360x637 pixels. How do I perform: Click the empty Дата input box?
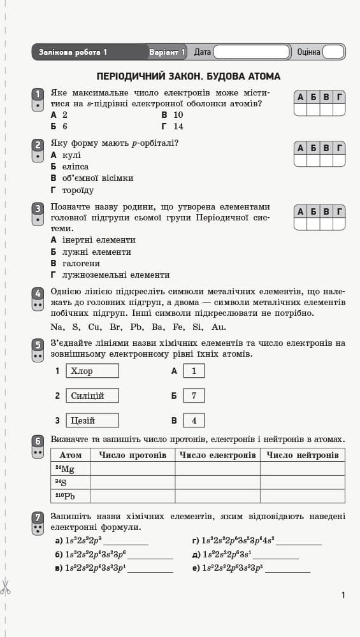tap(252, 52)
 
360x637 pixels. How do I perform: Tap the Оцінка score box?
tap(333, 52)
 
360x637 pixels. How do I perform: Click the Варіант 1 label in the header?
tap(167, 52)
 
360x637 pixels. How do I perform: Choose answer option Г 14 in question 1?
tap(173, 126)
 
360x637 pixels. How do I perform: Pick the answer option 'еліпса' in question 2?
tap(75, 167)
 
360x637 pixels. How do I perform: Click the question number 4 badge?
tap(38, 296)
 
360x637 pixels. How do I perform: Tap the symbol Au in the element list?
tap(219, 327)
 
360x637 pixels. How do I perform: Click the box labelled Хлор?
tap(92, 371)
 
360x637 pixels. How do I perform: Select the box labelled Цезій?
tap(92, 420)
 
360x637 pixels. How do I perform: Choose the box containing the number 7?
tap(194, 396)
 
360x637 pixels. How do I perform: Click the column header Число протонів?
tap(133, 455)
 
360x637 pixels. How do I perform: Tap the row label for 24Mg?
tap(70, 469)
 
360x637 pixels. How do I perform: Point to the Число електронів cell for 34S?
tap(217, 483)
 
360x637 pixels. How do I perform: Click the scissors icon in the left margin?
tap(6, 587)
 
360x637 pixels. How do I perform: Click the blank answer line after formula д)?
tap(277, 557)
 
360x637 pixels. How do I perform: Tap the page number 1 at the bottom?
tap(343, 595)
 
